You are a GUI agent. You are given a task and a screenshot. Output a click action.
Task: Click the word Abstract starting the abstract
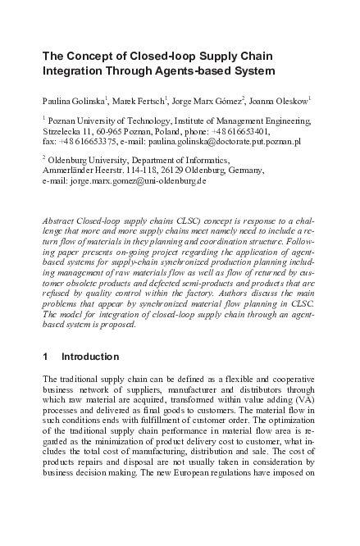pos(60,221)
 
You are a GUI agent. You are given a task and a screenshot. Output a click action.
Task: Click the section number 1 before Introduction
pos(44,357)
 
